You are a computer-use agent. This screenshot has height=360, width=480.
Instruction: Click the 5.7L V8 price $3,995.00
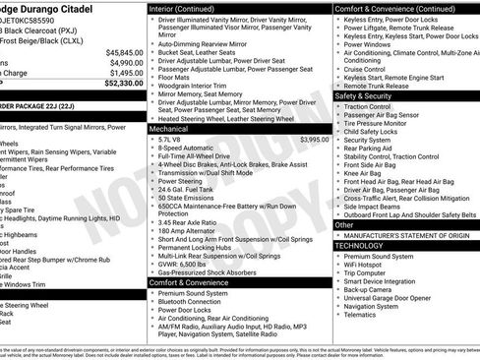coord(315,140)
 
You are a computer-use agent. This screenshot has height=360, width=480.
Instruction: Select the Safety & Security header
coord(363,96)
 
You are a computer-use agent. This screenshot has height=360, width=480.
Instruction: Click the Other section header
coord(344,225)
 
